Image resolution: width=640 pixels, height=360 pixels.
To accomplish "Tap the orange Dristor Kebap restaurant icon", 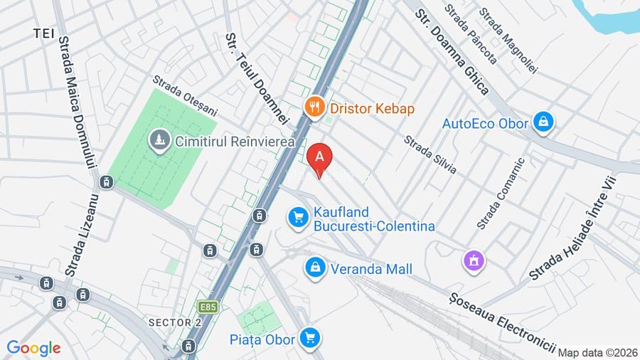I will pos(314,108).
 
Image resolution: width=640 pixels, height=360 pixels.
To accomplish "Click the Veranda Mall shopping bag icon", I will pos(314,269).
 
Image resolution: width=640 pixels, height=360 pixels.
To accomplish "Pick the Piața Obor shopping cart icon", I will pos(309,338).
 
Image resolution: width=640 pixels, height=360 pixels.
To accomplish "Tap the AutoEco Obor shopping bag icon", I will pos(544,122).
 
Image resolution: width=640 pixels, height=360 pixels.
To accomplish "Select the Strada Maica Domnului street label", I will pos(77,99).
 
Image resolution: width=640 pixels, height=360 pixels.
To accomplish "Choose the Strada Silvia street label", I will pos(430,154).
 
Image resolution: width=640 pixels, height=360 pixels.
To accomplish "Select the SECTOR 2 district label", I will pos(175,323).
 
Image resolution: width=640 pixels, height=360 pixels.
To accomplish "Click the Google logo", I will pos(33,348).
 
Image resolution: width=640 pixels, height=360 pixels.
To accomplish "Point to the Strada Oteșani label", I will pos(185,97).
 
